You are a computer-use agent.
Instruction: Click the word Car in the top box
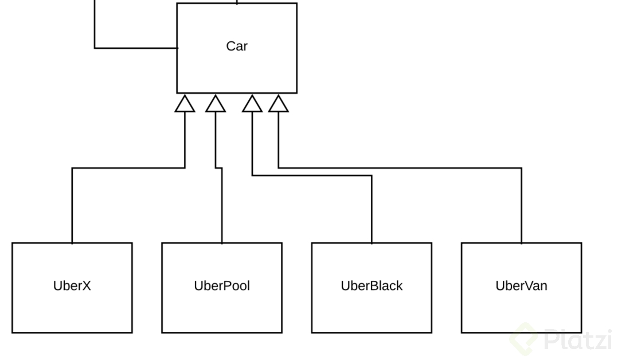point(236,46)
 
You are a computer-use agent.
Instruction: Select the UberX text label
point(72,285)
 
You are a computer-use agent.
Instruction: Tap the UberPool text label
point(222,285)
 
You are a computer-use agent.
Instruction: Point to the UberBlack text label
point(371,285)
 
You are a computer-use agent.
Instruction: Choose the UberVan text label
point(521,285)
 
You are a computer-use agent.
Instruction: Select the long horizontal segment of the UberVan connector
point(401,168)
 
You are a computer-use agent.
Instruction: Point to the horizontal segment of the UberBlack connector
point(312,175)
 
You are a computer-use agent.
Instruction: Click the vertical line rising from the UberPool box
point(222,206)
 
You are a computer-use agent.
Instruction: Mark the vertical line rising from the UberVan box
point(521,206)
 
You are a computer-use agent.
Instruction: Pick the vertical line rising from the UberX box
point(72,206)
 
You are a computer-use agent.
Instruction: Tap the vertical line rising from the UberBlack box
point(371,209)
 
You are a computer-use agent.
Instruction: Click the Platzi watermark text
point(577,340)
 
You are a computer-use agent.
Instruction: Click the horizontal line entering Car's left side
point(136,48)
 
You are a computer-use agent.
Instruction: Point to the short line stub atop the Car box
point(237,2)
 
